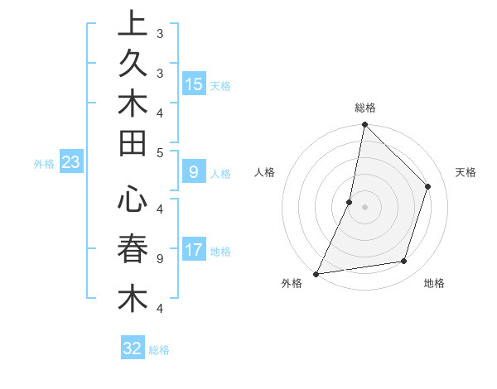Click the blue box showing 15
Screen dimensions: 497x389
pos(194,84)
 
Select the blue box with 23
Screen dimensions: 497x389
pos(70,163)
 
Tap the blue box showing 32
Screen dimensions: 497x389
pos(133,348)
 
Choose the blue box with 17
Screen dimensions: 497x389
pos(194,250)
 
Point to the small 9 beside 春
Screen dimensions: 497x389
pos(160,258)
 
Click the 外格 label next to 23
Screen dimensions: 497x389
pos(44,164)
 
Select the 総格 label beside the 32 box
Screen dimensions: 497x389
pos(159,350)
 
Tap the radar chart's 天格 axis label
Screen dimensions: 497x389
pos(466,172)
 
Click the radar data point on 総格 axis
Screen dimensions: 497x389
pos(364,124)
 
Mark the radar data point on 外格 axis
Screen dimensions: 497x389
pos(316,274)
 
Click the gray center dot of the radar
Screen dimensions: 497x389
pos(364,207)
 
